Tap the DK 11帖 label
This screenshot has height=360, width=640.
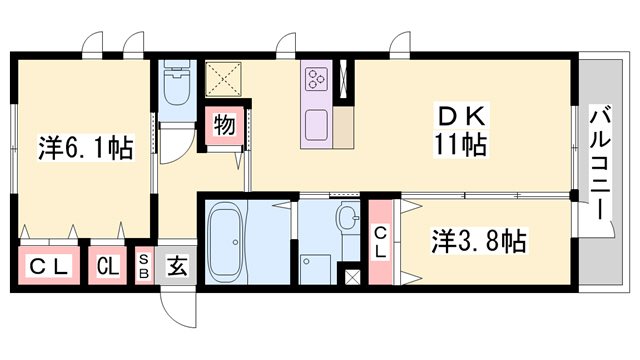click(461, 131)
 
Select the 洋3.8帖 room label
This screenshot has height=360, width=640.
click(479, 241)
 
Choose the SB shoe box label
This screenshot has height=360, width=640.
click(143, 266)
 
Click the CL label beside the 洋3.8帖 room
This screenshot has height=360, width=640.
click(381, 243)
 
